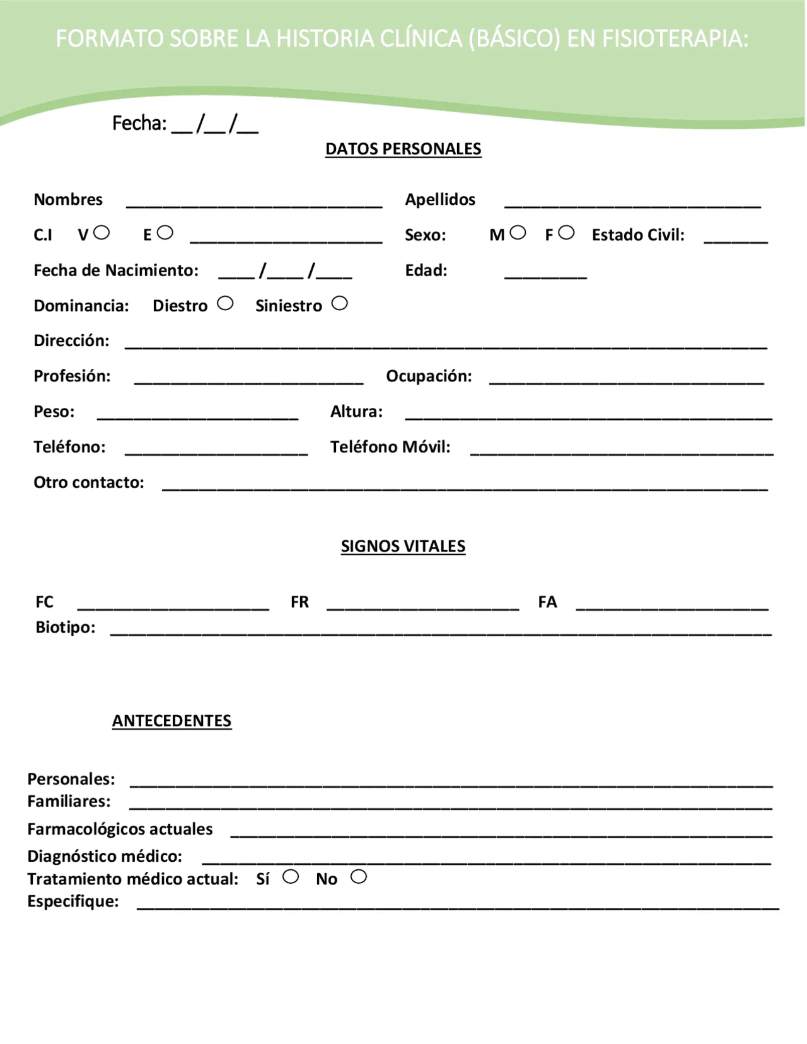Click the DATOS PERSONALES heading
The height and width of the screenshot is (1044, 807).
403,149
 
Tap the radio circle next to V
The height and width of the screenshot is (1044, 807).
102,233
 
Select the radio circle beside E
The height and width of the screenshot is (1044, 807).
165,233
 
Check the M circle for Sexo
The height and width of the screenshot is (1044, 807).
518,233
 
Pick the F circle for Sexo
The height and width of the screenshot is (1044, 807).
566,233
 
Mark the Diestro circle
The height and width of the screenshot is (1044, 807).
225,303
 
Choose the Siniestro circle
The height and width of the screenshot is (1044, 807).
339,303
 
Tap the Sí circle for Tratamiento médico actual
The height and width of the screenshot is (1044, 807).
291,876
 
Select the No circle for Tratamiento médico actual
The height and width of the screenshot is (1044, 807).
359,876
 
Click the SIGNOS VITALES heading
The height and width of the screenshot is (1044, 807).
403,546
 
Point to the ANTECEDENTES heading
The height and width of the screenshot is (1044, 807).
171,721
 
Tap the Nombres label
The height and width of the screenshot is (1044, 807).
68,199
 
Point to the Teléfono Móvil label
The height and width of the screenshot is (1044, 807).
390,447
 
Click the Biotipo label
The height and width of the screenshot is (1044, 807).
66,627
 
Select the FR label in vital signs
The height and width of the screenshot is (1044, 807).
299,602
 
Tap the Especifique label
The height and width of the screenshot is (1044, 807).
73,902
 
